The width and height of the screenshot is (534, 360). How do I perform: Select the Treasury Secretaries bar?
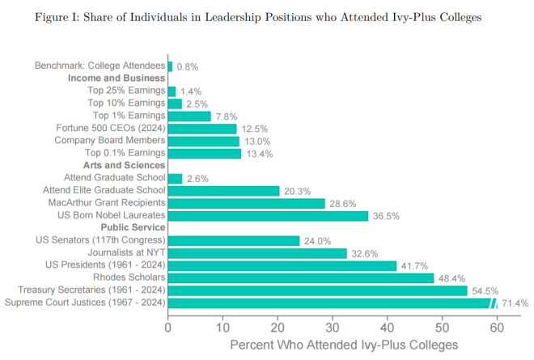click(x=317, y=290)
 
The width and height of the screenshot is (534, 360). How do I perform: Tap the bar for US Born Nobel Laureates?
click(x=268, y=216)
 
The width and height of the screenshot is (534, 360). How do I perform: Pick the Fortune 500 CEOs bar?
click(x=202, y=129)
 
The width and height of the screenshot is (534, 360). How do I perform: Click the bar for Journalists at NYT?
click(x=257, y=253)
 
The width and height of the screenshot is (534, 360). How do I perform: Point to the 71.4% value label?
click(x=515, y=303)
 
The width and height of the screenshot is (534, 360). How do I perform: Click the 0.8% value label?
click(x=188, y=66)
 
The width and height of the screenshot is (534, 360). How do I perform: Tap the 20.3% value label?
click(x=297, y=191)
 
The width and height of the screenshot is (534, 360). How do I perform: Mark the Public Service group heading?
click(x=132, y=228)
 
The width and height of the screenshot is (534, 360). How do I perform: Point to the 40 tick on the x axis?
click(x=387, y=328)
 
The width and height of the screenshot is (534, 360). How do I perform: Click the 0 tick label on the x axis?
click(x=167, y=328)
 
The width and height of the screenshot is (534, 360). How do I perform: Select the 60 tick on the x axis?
click(x=497, y=328)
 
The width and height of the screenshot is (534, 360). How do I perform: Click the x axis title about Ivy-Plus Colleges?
click(x=344, y=345)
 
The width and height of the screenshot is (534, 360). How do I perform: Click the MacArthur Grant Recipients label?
click(x=107, y=203)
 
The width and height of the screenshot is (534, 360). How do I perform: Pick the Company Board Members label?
click(x=109, y=141)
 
